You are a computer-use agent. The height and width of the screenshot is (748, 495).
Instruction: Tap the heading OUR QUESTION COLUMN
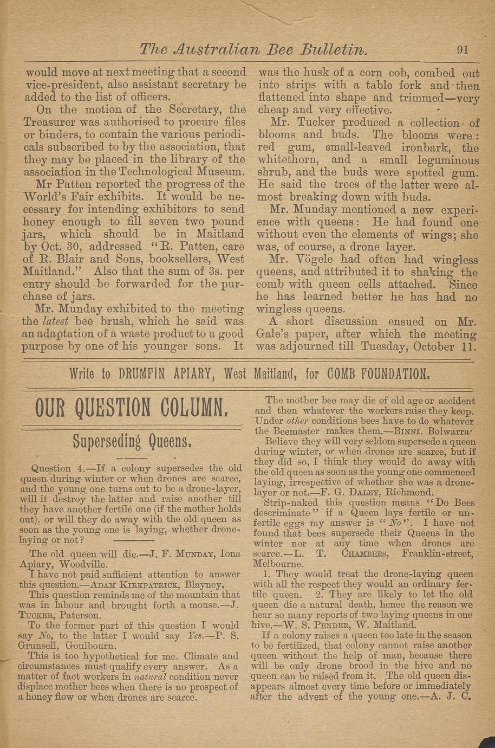point(131,408)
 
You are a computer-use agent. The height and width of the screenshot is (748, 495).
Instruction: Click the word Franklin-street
point(439,553)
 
